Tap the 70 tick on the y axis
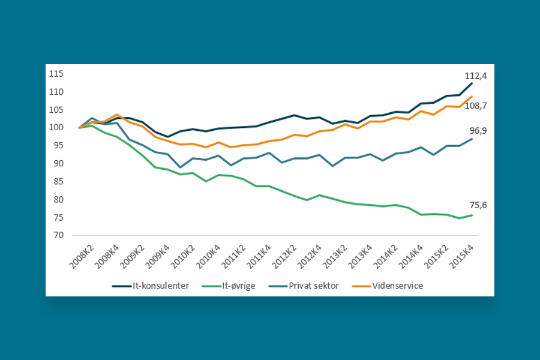(x=58, y=235)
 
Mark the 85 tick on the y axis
(x=58, y=182)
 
